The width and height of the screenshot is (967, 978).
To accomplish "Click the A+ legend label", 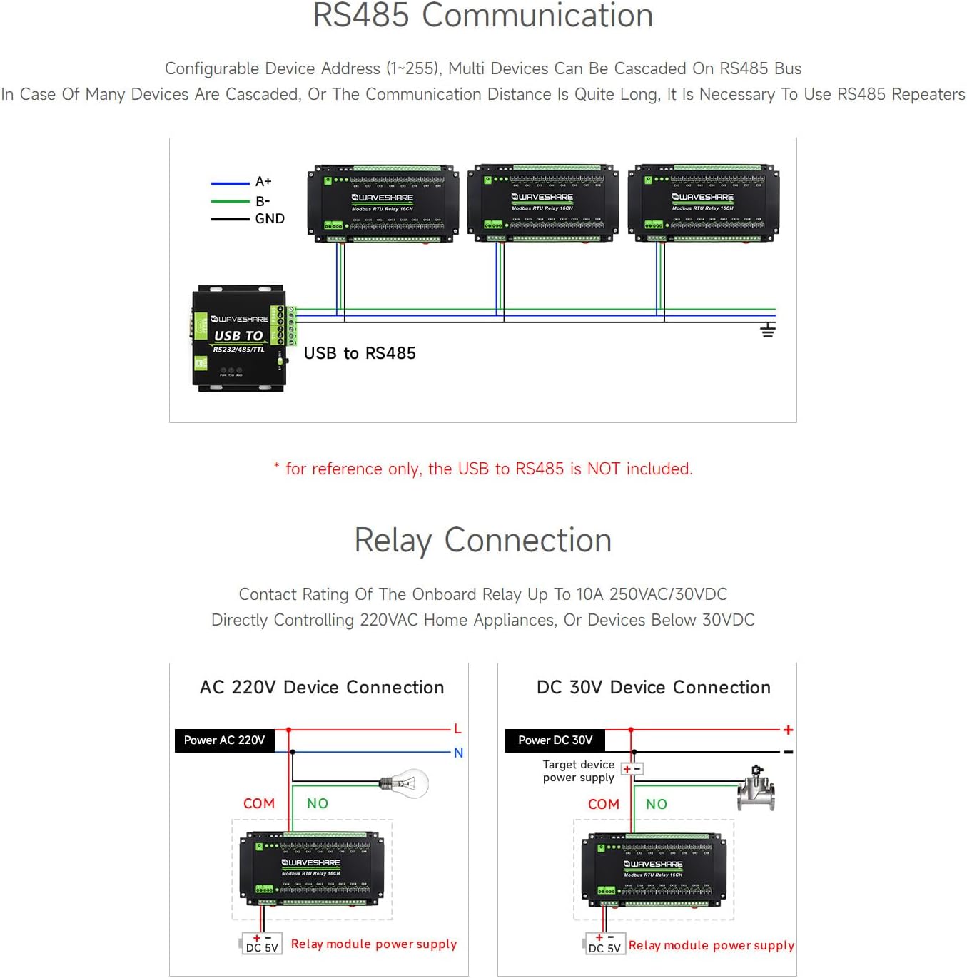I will pyautogui.click(x=263, y=182).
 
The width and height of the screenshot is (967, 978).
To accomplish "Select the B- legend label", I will pyautogui.click(x=263, y=201).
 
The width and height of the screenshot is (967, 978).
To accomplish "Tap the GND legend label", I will pyautogui.click(x=270, y=219).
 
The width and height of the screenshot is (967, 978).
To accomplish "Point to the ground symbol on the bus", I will pyautogui.click(x=767, y=330).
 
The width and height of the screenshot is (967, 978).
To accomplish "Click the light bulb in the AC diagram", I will pyautogui.click(x=405, y=783).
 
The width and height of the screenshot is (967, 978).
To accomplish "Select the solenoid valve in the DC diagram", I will pyautogui.click(x=756, y=789).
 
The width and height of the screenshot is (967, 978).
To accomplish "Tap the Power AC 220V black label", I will pyautogui.click(x=224, y=740).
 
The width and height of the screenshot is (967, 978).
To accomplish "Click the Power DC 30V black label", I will pyautogui.click(x=555, y=740).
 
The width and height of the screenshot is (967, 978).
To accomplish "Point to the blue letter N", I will pyautogui.click(x=458, y=753).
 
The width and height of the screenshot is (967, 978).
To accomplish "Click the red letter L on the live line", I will pyautogui.click(x=457, y=729).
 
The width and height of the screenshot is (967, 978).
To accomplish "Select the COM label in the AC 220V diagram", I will pyautogui.click(x=258, y=804).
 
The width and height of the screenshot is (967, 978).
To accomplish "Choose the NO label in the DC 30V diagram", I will pyautogui.click(x=656, y=805).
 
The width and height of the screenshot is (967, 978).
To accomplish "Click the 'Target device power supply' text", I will pyautogui.click(x=578, y=771).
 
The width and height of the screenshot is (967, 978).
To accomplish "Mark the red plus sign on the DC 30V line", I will pyautogui.click(x=788, y=730).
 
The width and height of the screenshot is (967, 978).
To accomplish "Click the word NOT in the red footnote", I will pyautogui.click(x=603, y=469).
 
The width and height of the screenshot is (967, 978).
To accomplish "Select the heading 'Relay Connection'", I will pyautogui.click(x=483, y=541).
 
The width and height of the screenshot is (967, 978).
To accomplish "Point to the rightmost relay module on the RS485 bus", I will pyautogui.click(x=703, y=204).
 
